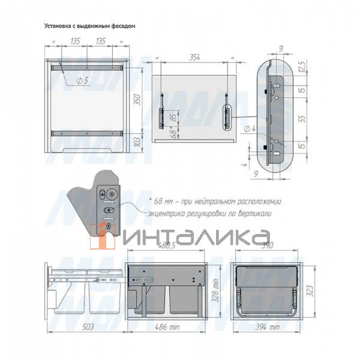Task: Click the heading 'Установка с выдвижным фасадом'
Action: pos(90,26)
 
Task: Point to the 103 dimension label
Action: pos(136,142)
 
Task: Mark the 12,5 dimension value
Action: pos(302,64)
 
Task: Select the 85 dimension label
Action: pos(172,118)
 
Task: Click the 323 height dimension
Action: pos(309,290)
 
